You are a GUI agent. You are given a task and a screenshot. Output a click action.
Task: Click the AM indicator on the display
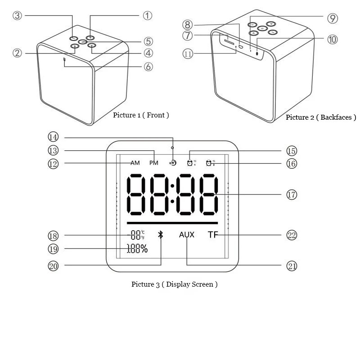point(135,163)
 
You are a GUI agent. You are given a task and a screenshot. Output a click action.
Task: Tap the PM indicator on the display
point(154,163)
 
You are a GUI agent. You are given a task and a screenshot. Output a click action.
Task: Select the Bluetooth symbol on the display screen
point(160,235)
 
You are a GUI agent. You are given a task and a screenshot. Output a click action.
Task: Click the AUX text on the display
point(187,235)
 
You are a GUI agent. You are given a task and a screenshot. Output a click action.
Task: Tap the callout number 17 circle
point(292,195)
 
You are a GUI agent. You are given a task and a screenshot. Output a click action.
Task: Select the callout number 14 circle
point(54,137)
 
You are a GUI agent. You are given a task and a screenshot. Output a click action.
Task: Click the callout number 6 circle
point(148,67)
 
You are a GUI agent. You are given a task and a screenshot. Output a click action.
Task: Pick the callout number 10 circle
point(333,40)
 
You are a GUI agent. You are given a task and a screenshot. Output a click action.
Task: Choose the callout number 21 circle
point(292,266)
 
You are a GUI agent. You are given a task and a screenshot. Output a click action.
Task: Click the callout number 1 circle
point(148,16)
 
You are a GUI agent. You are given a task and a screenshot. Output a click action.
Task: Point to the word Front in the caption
point(157,115)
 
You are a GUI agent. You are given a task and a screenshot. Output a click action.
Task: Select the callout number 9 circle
point(332,18)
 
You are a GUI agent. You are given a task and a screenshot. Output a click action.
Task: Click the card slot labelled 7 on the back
point(229,43)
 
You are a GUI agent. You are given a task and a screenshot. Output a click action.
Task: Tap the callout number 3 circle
point(18,16)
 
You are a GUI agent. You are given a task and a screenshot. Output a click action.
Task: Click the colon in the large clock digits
point(172,194)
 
